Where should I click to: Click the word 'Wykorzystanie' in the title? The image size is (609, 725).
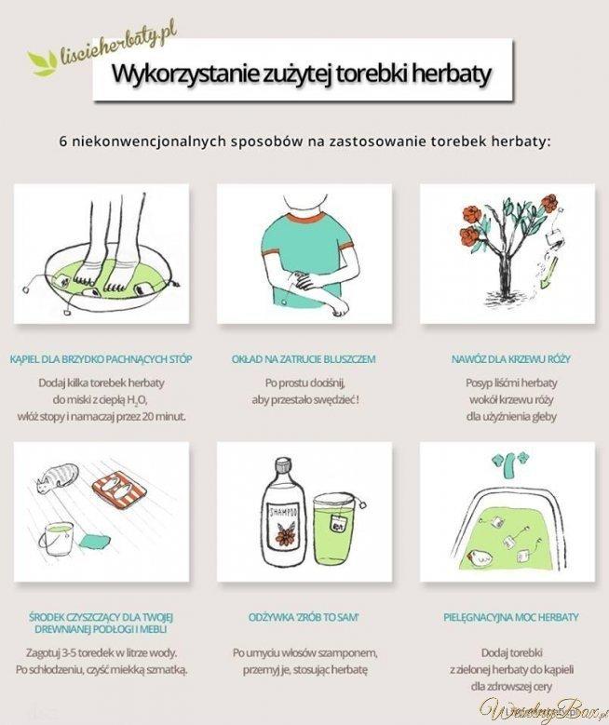[x=185, y=74]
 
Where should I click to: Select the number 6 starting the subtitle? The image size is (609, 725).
[x=63, y=141]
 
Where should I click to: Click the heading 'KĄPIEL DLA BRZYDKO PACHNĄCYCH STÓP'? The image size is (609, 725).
[x=101, y=359]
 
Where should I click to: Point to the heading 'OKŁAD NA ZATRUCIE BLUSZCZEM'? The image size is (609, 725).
[x=304, y=359]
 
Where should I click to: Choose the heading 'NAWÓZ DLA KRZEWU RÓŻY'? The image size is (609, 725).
[x=511, y=359]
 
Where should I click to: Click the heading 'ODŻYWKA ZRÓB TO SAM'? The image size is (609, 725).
[x=304, y=617]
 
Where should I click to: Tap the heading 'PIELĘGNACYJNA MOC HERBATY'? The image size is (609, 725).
[x=511, y=617]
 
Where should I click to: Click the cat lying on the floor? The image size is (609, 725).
[x=57, y=478]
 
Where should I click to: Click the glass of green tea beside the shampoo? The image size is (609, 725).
[x=335, y=530]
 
